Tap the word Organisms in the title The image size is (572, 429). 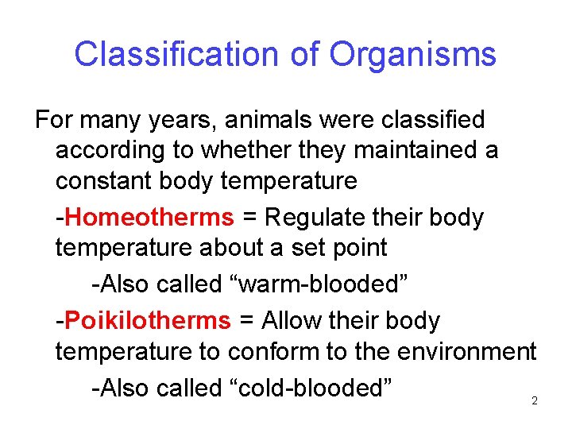click(x=412, y=55)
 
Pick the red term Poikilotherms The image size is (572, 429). click(x=148, y=321)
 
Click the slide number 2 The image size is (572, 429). click(x=534, y=401)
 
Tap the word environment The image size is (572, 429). click(x=462, y=350)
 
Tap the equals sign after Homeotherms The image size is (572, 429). click(x=249, y=218)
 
